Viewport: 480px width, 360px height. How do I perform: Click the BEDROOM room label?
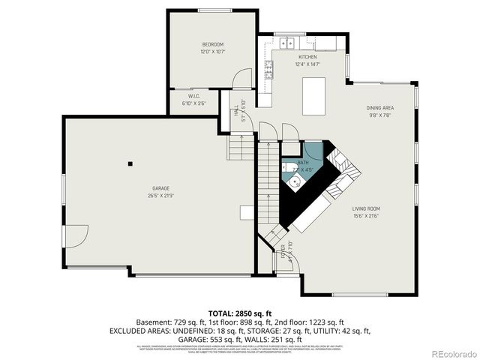[x=212, y=44]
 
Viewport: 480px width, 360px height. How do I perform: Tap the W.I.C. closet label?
[x=193, y=96]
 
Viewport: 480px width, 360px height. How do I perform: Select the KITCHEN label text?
[x=307, y=57]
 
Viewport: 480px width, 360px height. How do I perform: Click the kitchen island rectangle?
[x=314, y=96]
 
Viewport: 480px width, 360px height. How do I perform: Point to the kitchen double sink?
[x=288, y=41]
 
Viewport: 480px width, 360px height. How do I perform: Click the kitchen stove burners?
[x=268, y=71]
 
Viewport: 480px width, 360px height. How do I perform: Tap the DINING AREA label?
[x=380, y=107]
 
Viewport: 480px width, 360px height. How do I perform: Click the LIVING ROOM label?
[x=366, y=208]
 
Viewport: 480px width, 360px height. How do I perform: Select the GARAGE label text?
[x=161, y=187]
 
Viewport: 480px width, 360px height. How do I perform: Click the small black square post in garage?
[x=130, y=163]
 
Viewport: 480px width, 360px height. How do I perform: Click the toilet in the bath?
[x=289, y=166]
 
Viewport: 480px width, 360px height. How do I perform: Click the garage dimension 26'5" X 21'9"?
[x=161, y=196]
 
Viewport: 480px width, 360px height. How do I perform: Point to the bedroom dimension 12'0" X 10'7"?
[x=212, y=52]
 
